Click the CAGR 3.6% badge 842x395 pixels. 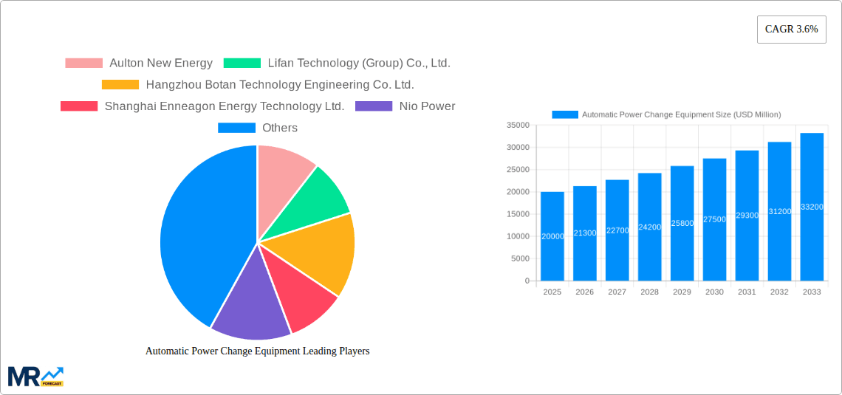click(791, 30)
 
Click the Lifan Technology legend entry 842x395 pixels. click(337, 63)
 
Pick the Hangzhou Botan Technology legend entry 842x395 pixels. click(258, 85)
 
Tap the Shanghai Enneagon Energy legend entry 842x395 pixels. click(202, 106)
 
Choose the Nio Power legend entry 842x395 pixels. click(405, 106)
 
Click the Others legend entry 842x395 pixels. click(258, 128)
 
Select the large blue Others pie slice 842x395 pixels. click(196, 236)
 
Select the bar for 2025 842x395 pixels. click(552, 236)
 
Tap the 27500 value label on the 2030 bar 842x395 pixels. click(714, 219)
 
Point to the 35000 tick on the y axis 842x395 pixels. click(519, 126)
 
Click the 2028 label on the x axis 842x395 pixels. click(649, 292)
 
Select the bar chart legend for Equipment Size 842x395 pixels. click(666, 114)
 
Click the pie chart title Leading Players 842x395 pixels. click(257, 351)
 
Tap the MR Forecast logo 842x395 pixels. click(35, 376)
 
